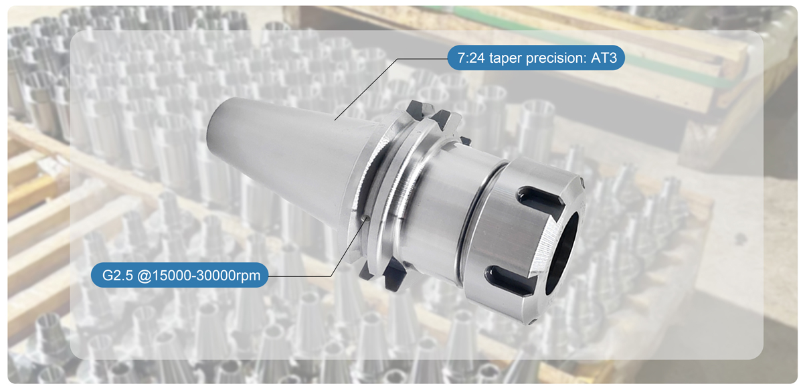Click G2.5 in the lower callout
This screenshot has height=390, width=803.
[118, 275]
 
